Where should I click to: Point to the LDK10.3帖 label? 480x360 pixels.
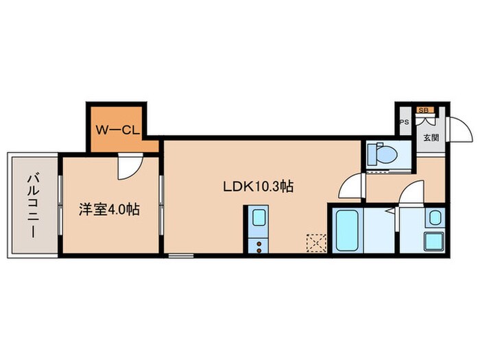[258, 187]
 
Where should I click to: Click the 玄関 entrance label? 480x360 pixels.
[431, 137]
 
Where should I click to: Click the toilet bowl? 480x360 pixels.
[383, 154]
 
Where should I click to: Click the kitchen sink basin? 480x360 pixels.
[259, 220]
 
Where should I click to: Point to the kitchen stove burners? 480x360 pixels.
[259, 245]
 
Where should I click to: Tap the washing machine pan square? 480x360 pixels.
[435, 242]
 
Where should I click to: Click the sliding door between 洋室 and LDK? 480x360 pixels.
[162, 205]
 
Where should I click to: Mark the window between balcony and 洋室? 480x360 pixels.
[60, 205]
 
